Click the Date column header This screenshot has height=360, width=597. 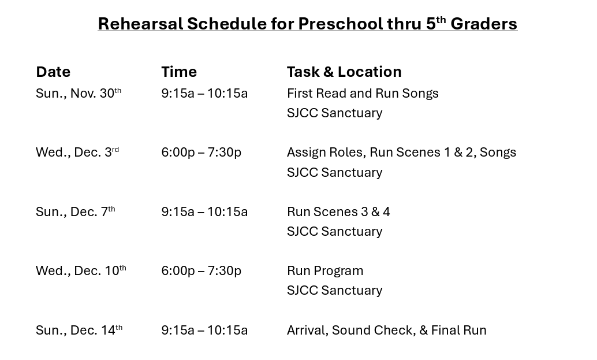tap(53, 72)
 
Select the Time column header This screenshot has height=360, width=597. tap(179, 72)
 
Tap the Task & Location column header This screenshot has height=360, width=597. tap(344, 72)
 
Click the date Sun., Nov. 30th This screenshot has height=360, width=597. tap(79, 94)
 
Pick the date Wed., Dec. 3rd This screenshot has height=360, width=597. tap(77, 153)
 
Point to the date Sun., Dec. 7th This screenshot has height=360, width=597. tap(76, 212)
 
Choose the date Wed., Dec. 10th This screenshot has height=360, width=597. tap(81, 271)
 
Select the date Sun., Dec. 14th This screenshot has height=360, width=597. tap(79, 331)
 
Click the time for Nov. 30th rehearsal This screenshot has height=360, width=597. tap(204, 94)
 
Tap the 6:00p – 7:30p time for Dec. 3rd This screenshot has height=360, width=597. tap(202, 153)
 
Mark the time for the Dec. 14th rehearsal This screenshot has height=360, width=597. tap(204, 331)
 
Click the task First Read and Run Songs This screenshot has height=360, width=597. tap(363, 94)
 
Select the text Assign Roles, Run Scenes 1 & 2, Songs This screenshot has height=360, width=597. tap(401, 153)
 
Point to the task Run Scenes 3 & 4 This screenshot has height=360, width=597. tap(338, 212)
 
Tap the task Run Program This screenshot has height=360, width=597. tap(325, 271)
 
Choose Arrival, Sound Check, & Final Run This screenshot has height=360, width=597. tap(386, 331)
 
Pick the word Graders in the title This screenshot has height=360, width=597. tap(484, 24)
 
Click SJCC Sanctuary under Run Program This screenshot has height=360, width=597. tap(335, 291)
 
